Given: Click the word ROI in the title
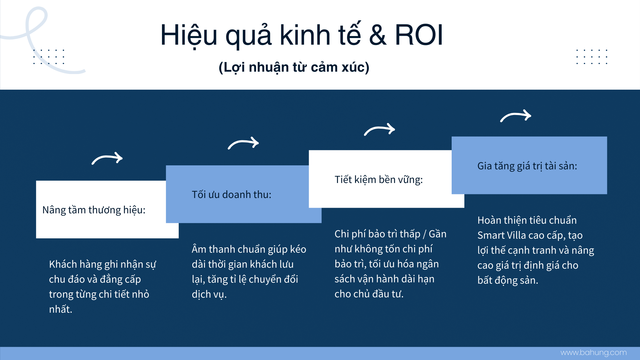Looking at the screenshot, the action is [419, 35].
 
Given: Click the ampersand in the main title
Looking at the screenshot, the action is [378, 35].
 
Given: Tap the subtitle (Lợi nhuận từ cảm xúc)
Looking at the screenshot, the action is [294, 67].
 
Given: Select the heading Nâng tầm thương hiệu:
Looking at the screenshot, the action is [94, 210].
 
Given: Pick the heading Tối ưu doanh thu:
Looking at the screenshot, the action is [232, 194].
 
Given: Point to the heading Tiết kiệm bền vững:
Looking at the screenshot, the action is [379, 179].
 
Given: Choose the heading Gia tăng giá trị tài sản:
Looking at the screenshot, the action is [527, 166].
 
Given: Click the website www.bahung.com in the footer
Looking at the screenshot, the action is [594, 353].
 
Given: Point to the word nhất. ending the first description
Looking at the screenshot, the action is [61, 309].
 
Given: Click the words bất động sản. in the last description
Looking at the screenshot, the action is [508, 280].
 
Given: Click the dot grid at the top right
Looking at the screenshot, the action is [592, 57].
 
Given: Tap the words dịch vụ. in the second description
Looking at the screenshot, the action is [209, 294].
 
